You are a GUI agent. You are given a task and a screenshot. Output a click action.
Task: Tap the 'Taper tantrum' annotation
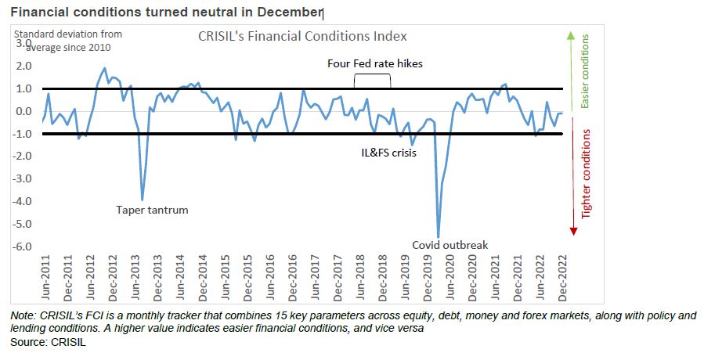tap(152, 210)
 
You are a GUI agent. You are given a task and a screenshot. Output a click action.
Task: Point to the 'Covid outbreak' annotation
tap(450, 245)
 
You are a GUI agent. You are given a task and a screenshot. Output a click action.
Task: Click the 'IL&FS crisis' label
tap(383, 153)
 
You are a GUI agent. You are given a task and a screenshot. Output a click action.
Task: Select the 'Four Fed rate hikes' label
tap(374, 63)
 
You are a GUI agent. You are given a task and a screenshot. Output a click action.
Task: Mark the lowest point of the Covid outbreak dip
tap(438, 236)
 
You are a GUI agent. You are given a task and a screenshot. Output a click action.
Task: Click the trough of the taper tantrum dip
tap(142, 200)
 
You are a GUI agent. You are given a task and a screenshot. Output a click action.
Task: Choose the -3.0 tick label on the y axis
tap(25, 178)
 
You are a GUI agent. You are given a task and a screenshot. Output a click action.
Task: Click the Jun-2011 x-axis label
tap(46, 276)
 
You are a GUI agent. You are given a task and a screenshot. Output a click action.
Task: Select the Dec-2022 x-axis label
tap(562, 276)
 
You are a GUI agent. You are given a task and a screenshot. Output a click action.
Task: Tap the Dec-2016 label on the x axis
tap(293, 276)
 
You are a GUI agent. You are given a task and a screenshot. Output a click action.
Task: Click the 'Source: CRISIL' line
tap(38, 343)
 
